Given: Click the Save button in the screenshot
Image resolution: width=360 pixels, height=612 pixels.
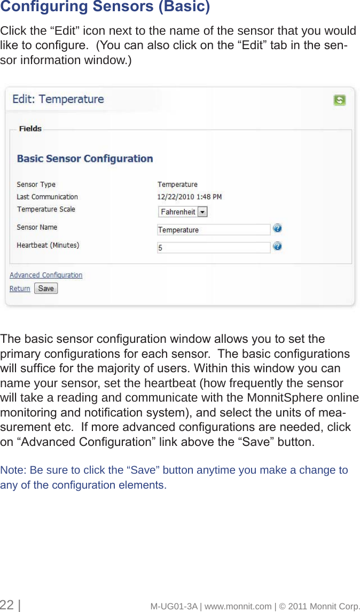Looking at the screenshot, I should (x=46, y=288).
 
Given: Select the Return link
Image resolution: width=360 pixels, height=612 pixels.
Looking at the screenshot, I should (x=20, y=289).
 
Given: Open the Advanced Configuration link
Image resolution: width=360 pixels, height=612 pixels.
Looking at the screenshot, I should (x=46, y=276).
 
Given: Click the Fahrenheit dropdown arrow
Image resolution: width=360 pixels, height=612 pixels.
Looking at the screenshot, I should (x=202, y=212).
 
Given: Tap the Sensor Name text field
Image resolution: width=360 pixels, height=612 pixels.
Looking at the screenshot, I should (x=214, y=230).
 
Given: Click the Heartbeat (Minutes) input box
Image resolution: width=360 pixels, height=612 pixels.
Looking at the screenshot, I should (x=214, y=248).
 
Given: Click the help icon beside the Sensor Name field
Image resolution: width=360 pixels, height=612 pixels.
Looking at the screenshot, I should (x=277, y=229).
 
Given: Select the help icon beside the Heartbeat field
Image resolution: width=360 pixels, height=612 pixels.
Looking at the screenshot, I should (x=277, y=247).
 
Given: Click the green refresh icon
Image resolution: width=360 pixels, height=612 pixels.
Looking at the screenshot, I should (x=339, y=100).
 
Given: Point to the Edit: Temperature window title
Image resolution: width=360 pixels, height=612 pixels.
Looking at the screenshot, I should (x=58, y=99).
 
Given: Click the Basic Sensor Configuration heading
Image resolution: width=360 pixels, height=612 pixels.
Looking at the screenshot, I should (x=85, y=159).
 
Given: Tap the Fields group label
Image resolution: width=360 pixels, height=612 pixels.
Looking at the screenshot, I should (x=30, y=129).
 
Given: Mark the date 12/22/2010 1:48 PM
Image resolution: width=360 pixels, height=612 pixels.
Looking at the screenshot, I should (x=190, y=197).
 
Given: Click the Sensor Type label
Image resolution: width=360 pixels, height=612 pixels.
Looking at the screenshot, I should (x=36, y=185).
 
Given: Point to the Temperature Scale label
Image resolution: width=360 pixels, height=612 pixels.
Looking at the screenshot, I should (x=46, y=209).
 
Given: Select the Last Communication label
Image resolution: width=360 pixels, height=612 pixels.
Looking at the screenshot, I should (x=47, y=197).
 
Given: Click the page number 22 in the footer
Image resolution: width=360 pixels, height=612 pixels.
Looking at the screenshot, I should (x=7, y=605).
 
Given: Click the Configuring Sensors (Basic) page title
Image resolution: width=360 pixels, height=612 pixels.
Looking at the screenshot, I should (x=105, y=7).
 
